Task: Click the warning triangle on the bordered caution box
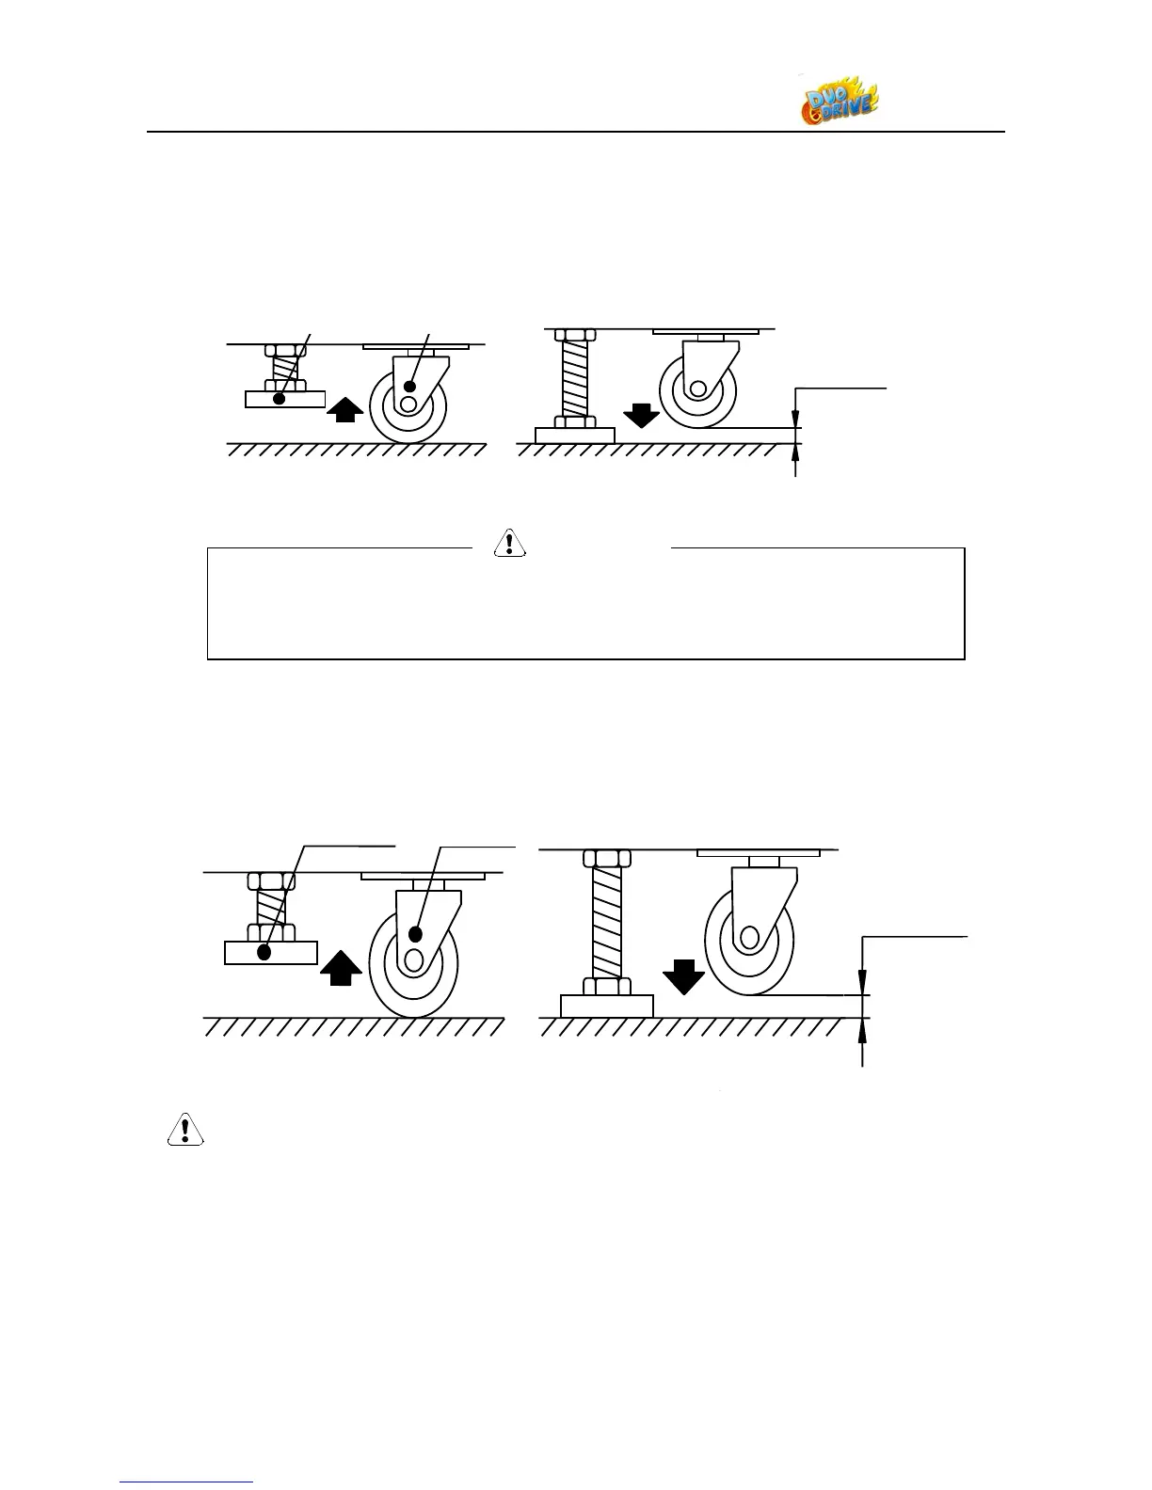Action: coord(509,544)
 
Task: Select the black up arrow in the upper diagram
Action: coord(346,410)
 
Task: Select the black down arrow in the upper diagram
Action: coord(642,415)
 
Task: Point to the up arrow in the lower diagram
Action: coord(341,966)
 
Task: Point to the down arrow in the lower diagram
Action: coord(683,976)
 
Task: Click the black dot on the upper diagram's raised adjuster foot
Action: coord(280,399)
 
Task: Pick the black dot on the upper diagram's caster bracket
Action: coord(409,387)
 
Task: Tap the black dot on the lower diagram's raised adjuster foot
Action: coord(264,952)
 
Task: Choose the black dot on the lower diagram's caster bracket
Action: coord(414,934)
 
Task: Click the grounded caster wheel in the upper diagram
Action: coord(408,405)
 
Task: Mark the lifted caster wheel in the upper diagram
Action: coord(697,389)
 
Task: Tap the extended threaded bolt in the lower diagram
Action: coord(607,923)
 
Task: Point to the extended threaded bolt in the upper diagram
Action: coord(574,378)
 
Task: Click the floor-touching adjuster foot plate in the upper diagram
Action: coord(574,436)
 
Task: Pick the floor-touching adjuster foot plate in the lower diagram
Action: coord(607,1006)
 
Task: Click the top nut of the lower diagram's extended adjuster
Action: coord(607,858)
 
